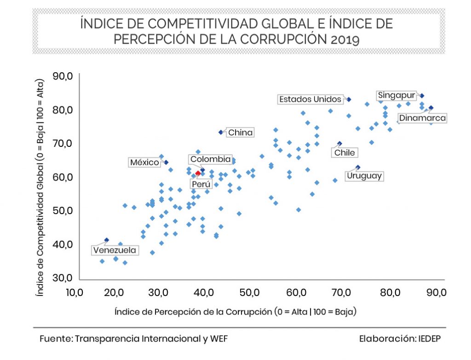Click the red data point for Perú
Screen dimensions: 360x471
198,173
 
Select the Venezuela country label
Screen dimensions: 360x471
115,250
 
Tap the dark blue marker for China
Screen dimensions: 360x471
221,132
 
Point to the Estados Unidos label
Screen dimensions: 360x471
310,99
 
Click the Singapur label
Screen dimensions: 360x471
396,95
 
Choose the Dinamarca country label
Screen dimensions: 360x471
422,118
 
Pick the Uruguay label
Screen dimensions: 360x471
364,176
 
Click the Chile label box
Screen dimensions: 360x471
345,152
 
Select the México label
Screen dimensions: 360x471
144,162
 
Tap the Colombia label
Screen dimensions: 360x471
210,159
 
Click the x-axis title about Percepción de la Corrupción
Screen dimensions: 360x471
235,311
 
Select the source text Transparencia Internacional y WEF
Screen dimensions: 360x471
151,339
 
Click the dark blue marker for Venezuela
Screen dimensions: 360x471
107,240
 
